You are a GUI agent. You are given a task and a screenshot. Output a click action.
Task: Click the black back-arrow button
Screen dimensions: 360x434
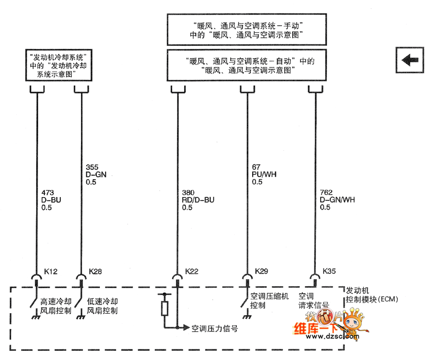pos(410,60)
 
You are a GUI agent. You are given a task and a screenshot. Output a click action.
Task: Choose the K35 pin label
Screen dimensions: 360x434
pos(329,271)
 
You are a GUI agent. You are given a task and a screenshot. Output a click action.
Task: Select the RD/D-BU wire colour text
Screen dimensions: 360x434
pos(198,200)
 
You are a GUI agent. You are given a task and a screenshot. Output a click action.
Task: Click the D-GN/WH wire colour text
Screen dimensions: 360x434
pos(337,200)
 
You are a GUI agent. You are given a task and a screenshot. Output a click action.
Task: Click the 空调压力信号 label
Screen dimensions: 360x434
pos(215,329)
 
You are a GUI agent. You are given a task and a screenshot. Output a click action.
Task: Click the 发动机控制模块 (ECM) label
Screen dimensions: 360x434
pos(370,295)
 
